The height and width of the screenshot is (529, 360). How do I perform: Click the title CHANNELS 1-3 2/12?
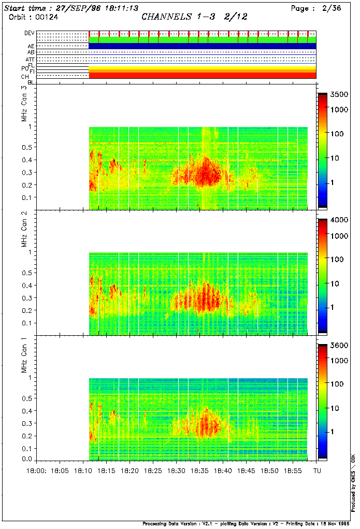194,17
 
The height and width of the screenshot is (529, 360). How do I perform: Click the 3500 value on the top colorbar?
338,95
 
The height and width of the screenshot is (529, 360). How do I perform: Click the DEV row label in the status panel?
30,33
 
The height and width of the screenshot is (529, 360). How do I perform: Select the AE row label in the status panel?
31,46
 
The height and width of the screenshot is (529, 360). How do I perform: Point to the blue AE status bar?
202,46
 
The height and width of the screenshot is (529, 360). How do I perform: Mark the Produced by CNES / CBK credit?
353,482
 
